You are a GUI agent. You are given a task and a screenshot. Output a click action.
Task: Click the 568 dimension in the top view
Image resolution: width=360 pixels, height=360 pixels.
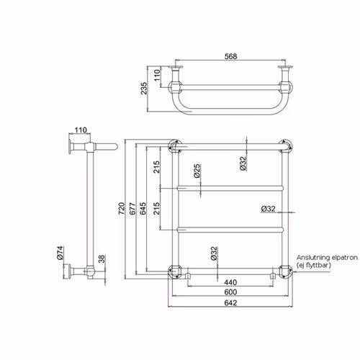(230, 56)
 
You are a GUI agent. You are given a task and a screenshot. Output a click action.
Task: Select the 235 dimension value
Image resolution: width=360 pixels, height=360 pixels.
(144, 89)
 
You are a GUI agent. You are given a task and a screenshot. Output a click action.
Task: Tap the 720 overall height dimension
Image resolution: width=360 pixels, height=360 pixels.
(122, 208)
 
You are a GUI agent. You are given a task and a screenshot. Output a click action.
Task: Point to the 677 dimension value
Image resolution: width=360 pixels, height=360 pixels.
(132, 208)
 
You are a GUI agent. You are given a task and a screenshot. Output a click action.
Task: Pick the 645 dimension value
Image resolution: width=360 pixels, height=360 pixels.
(143, 208)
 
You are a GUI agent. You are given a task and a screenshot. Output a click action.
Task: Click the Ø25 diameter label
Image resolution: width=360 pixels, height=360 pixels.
(197, 171)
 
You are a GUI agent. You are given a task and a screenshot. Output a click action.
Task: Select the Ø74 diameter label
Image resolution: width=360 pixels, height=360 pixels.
(60, 253)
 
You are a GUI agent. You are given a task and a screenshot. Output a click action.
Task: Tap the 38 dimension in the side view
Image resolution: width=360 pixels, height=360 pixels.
(102, 259)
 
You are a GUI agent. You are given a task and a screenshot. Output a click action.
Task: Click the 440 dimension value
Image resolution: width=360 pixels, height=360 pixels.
(230, 282)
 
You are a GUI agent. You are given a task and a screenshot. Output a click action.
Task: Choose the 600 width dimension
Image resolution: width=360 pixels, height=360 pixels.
(230, 292)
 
